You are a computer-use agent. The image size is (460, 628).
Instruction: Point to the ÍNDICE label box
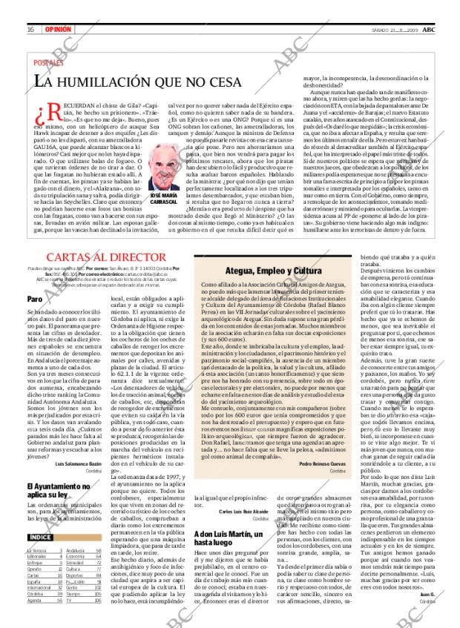tap(41, 536)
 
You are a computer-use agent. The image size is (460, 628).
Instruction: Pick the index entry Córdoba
tap(36, 594)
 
